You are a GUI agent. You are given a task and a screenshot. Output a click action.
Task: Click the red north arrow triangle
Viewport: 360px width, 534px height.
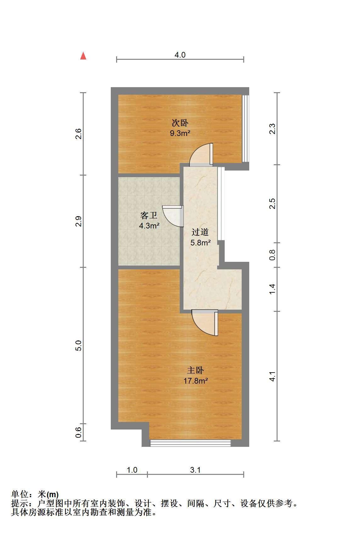click(83, 56)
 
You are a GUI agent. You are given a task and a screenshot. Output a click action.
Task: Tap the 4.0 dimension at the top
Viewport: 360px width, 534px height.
click(180, 55)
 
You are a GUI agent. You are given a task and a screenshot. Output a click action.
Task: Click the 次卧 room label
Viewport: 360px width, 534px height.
click(180, 123)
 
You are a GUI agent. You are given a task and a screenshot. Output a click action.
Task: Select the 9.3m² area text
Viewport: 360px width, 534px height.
click(180, 133)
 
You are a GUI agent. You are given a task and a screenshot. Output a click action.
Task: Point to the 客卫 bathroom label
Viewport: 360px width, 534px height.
click(149, 216)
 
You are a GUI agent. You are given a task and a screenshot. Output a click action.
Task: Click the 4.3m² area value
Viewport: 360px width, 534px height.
click(149, 226)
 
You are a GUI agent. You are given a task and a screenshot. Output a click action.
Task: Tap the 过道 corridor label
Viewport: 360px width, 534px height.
click(200, 232)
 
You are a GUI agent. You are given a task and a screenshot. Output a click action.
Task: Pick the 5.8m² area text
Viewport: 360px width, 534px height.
click(200, 243)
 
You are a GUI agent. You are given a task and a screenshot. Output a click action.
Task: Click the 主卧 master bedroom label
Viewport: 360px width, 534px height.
click(195, 370)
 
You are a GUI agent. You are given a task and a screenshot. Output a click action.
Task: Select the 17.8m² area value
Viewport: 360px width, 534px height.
click(196, 381)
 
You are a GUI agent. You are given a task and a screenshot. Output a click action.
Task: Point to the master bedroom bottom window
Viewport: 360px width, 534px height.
click(190, 443)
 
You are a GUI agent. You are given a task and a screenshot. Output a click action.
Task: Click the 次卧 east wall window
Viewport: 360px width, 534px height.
click(245, 129)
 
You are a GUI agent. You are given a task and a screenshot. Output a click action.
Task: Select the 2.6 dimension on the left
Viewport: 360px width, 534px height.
click(78, 134)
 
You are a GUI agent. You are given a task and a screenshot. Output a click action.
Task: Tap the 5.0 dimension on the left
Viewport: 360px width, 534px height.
click(78, 346)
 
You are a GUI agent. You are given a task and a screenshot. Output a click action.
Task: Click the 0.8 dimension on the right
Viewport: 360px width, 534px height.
click(272, 255)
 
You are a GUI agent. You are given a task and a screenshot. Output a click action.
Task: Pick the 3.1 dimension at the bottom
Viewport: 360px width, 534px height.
click(195, 470)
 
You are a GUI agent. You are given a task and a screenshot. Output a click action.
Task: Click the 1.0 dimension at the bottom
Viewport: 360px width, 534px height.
click(132, 470)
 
